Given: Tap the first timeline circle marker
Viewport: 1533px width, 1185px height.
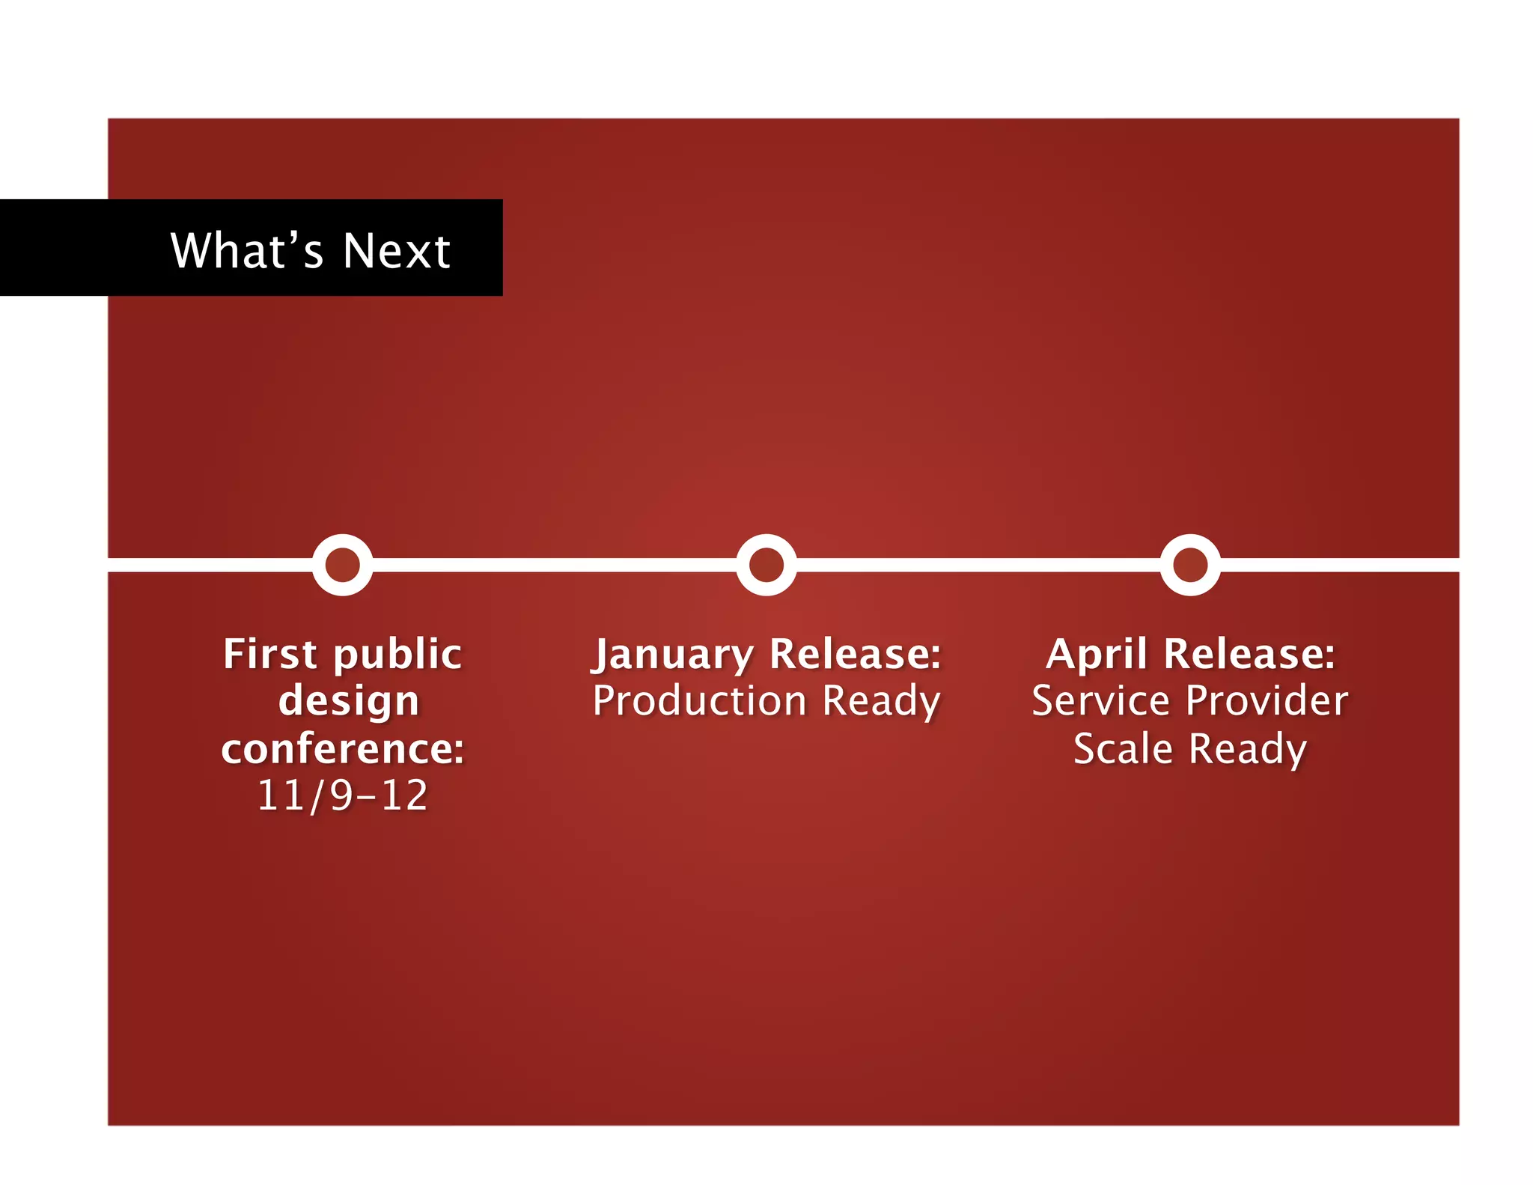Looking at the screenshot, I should coord(342,565).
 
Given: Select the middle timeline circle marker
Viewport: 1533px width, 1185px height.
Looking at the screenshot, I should coord(766,565).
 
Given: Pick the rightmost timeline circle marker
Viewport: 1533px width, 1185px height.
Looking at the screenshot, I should coord(1189,565).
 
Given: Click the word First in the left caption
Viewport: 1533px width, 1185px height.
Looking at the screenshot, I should coord(270,654).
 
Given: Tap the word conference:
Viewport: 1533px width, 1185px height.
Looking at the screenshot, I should coord(343,748).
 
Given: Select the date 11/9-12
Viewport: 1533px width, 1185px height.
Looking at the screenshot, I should coord(343,795).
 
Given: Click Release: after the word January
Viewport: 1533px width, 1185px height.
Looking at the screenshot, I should coord(855,654).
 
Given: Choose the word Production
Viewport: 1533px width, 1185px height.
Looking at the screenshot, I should coord(699,701).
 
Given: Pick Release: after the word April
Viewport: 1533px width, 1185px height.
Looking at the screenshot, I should coord(1249,654).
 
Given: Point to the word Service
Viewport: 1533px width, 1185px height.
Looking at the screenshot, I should coord(1100,701).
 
